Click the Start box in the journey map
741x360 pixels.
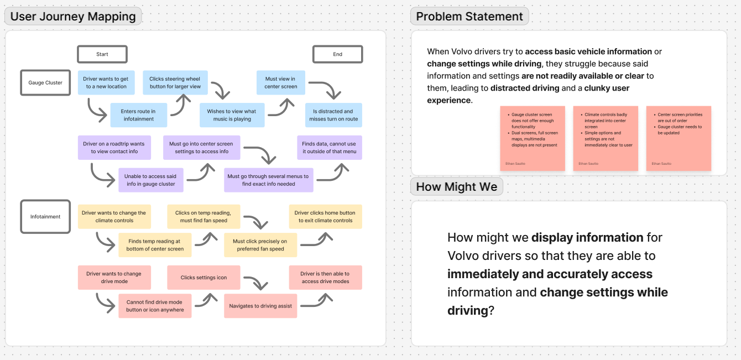102,54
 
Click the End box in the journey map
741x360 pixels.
337,54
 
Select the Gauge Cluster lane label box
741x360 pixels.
45,83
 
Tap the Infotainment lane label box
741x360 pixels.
45,216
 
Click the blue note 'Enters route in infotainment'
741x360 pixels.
138,115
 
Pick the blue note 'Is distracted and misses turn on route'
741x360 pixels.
333,115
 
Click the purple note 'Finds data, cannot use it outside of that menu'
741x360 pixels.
330,148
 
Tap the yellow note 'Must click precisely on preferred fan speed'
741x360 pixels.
260,245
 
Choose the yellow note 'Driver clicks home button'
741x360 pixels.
325,216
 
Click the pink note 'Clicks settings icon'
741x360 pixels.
203,278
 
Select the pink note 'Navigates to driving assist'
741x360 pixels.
260,306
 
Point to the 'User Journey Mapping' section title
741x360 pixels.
73,17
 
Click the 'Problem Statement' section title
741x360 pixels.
469,17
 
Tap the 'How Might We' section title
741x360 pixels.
456,187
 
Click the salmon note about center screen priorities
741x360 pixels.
679,138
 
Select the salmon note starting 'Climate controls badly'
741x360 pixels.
606,138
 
